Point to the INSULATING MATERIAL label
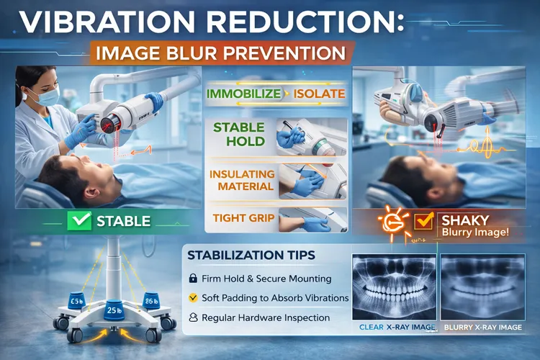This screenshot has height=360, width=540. point(241,180)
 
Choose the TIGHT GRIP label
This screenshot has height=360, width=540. point(240,218)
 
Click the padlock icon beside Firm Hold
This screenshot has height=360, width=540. point(192,277)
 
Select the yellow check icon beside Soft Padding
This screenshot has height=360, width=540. point(192,297)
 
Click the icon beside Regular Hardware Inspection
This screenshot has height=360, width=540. point(192,318)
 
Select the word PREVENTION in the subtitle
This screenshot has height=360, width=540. point(288,53)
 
